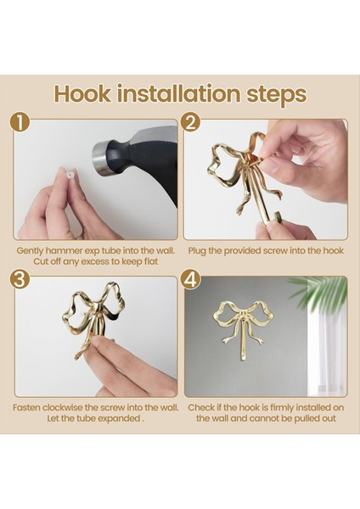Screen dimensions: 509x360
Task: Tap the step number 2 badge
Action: [x=191, y=123]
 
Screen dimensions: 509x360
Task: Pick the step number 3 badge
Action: [x=20, y=279]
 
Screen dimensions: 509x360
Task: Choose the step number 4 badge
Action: [x=191, y=279]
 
